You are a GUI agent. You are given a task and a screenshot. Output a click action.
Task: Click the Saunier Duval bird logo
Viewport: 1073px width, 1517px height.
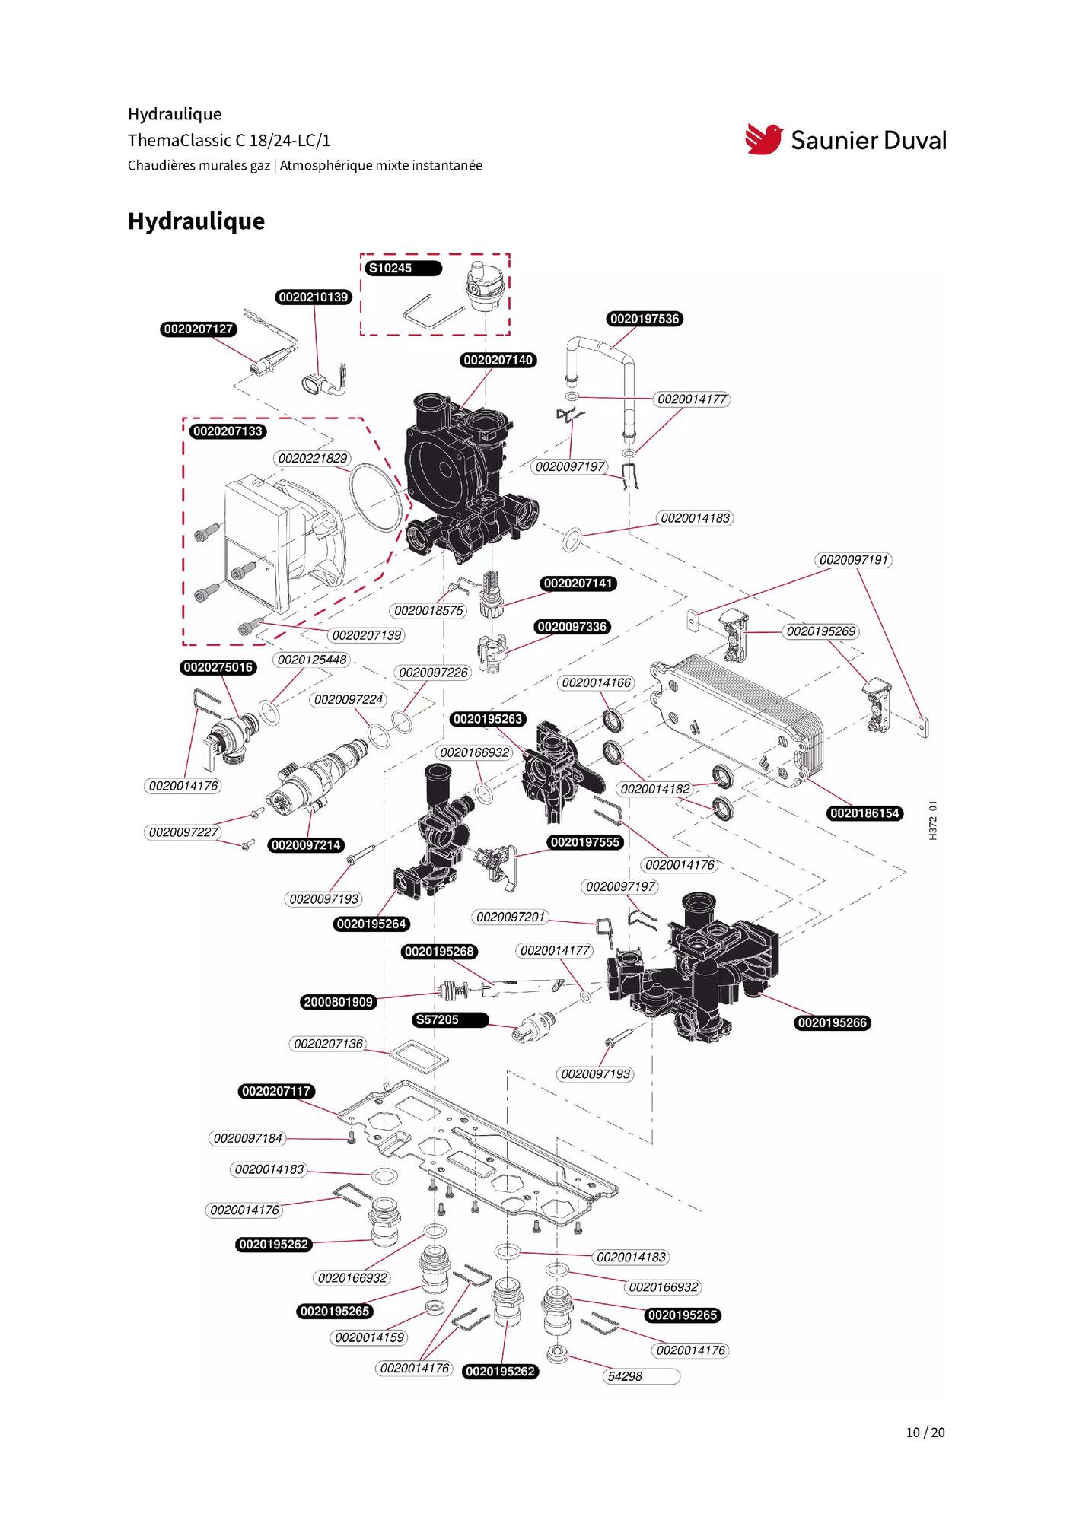click(763, 139)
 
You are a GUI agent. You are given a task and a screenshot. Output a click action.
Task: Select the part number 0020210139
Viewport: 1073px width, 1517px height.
click(314, 297)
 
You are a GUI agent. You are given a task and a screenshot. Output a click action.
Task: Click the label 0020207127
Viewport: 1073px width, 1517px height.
click(199, 329)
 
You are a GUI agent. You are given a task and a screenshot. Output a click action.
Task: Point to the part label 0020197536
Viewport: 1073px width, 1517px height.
click(645, 319)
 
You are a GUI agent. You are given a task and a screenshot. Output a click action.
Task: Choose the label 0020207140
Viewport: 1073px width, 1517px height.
click(498, 360)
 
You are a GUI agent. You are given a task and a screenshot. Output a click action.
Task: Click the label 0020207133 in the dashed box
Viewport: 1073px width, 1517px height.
click(228, 431)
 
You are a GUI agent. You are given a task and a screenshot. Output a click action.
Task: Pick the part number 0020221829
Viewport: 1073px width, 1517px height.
click(313, 458)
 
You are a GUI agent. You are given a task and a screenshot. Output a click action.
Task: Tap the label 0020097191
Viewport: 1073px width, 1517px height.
click(854, 560)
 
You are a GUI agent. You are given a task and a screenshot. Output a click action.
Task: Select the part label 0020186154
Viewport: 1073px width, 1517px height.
click(865, 813)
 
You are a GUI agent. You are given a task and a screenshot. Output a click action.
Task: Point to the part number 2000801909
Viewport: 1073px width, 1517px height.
click(339, 1002)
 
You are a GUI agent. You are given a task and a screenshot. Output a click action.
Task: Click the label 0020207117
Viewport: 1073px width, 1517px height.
click(276, 1091)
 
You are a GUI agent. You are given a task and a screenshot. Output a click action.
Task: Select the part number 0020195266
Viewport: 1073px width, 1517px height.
click(833, 1022)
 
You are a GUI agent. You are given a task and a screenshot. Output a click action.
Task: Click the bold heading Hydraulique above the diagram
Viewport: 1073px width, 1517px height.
click(196, 221)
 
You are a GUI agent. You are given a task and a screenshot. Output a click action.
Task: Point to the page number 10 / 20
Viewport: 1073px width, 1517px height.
click(925, 1433)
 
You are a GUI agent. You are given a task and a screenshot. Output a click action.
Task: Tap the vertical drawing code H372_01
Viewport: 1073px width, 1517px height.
click(933, 820)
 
